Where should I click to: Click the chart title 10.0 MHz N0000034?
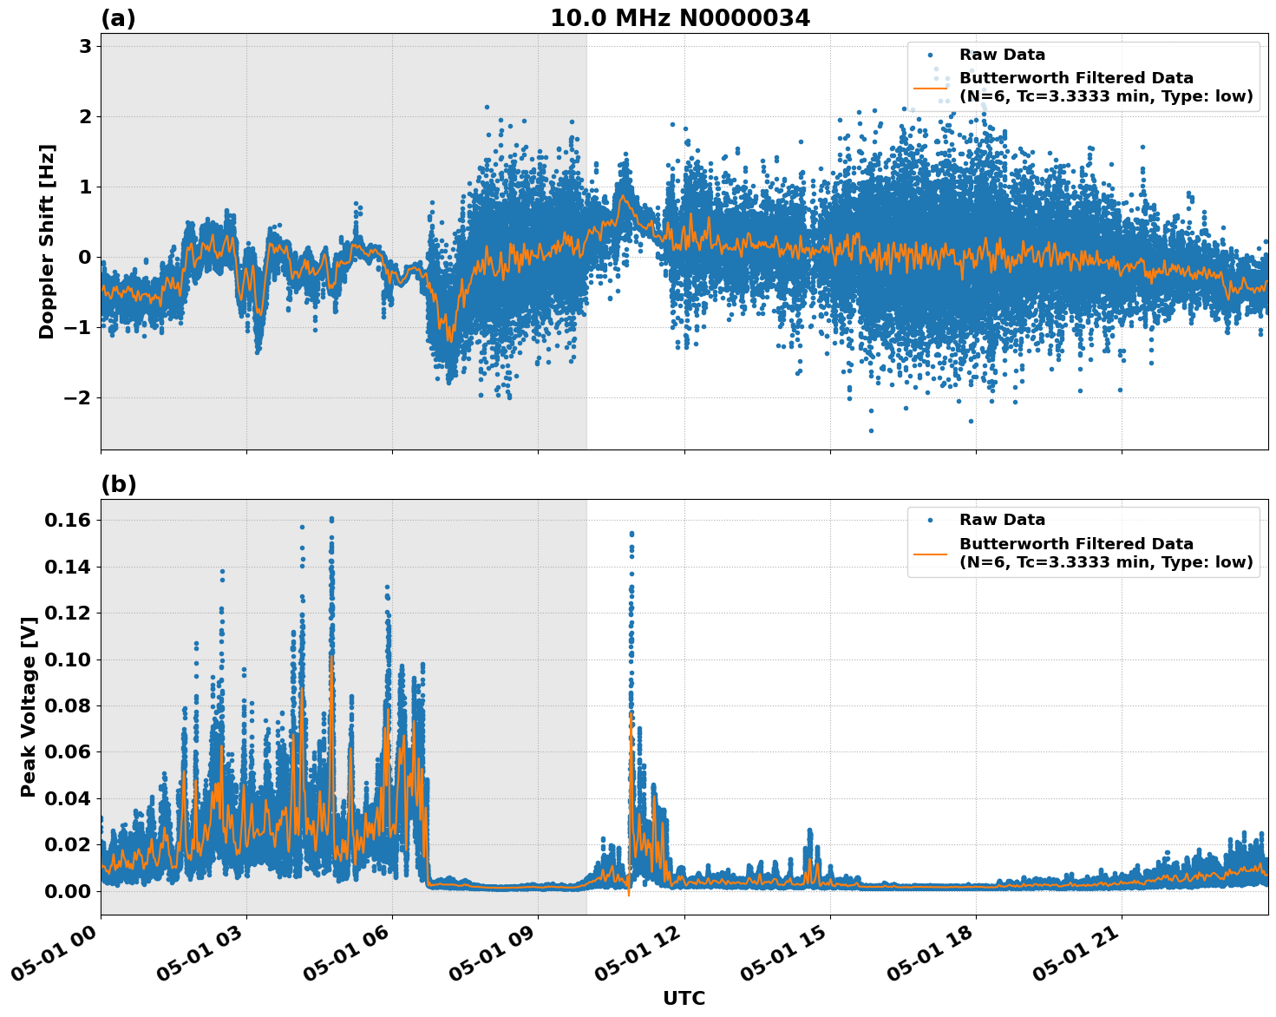(680, 18)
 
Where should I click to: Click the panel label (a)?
(118, 18)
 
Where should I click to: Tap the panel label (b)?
(118, 484)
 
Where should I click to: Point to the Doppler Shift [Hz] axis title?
(47, 241)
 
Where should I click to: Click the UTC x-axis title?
(684, 998)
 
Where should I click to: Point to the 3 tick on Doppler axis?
(85, 46)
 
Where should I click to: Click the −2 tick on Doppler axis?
(78, 397)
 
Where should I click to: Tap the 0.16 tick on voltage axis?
(68, 520)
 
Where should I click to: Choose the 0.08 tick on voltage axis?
(68, 705)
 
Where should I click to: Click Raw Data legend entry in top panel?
(1002, 55)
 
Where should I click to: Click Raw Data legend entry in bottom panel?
(1002, 520)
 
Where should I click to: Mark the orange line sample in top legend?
(930, 87)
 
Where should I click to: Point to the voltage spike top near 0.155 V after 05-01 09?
(631, 533)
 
